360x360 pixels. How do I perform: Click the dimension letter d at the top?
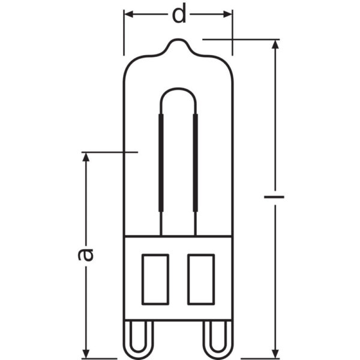179,14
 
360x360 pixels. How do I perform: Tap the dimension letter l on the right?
275,197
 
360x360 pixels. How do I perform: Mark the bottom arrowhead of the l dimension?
275,349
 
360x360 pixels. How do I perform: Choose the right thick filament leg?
195,162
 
